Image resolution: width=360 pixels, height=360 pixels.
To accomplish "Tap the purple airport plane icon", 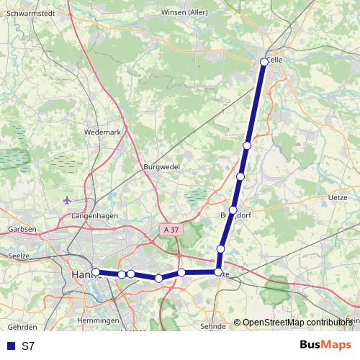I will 68,199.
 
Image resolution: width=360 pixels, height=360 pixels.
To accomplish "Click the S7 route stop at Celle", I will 264,62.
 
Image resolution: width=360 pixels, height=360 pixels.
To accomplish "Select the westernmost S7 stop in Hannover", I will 95,271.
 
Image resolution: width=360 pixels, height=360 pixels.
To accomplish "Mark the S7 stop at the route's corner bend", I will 217,272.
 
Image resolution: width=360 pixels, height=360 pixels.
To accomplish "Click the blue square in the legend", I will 8,346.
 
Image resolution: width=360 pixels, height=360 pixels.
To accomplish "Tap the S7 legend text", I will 28,346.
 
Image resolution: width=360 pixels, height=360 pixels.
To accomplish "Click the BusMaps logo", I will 325,345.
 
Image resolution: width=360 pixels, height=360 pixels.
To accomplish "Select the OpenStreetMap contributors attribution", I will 297,323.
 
